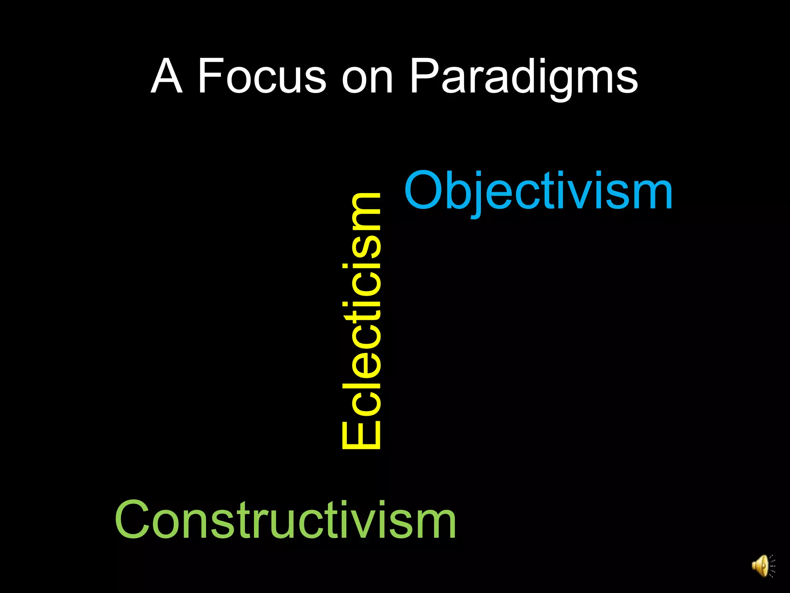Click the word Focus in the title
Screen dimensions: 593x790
[262, 76]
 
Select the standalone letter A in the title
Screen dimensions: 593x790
[166, 76]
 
